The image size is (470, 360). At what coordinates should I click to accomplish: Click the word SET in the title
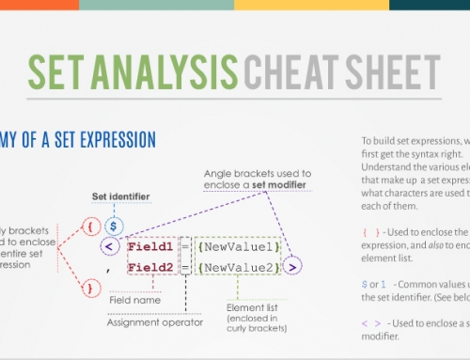[57, 72]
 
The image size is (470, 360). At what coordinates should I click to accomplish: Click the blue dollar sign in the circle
[113, 226]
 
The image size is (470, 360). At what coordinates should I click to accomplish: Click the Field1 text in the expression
[154, 248]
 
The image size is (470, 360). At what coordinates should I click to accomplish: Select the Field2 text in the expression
[154, 269]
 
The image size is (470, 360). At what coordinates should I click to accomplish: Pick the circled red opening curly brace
[89, 226]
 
